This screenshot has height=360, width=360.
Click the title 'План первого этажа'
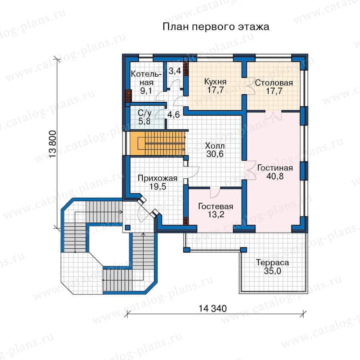click(x=216, y=27)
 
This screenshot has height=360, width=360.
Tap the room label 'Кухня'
click(x=215, y=82)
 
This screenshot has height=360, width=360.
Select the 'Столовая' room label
click(x=274, y=83)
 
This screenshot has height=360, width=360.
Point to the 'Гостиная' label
click(x=275, y=168)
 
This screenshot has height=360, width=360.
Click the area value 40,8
click(x=275, y=176)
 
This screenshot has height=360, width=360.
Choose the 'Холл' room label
click(x=215, y=146)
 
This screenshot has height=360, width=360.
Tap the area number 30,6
click(x=215, y=154)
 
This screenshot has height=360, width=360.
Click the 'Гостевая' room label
click(x=216, y=206)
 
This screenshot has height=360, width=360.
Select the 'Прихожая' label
click(x=158, y=178)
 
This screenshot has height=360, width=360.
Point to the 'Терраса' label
click(x=272, y=262)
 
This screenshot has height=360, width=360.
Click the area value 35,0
click(x=272, y=271)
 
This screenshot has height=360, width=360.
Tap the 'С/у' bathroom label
click(x=144, y=113)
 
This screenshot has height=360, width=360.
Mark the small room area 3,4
click(x=175, y=71)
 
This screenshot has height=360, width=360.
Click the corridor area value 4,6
click(x=174, y=114)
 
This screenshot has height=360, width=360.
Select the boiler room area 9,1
click(x=146, y=91)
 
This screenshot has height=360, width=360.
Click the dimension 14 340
click(x=213, y=308)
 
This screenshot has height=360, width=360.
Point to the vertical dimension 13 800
click(x=52, y=144)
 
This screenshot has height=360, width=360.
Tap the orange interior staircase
click(x=158, y=143)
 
